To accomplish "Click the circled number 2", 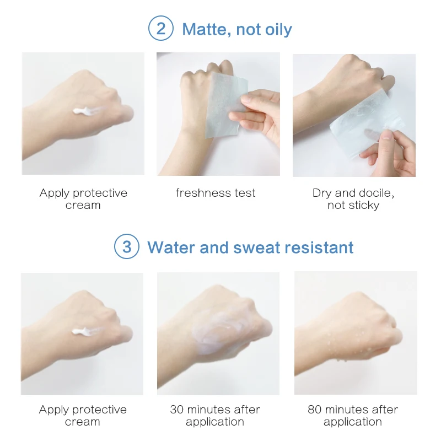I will pos(160,29).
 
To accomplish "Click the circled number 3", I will pos(127,247).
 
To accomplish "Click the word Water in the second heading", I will pos(171,247).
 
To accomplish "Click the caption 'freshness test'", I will pos(216,193).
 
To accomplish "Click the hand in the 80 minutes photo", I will pos(347,331).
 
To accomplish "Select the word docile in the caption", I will pos(377,193).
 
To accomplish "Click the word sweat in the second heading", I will pos(256,247).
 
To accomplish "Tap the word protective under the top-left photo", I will pos(100,193).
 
